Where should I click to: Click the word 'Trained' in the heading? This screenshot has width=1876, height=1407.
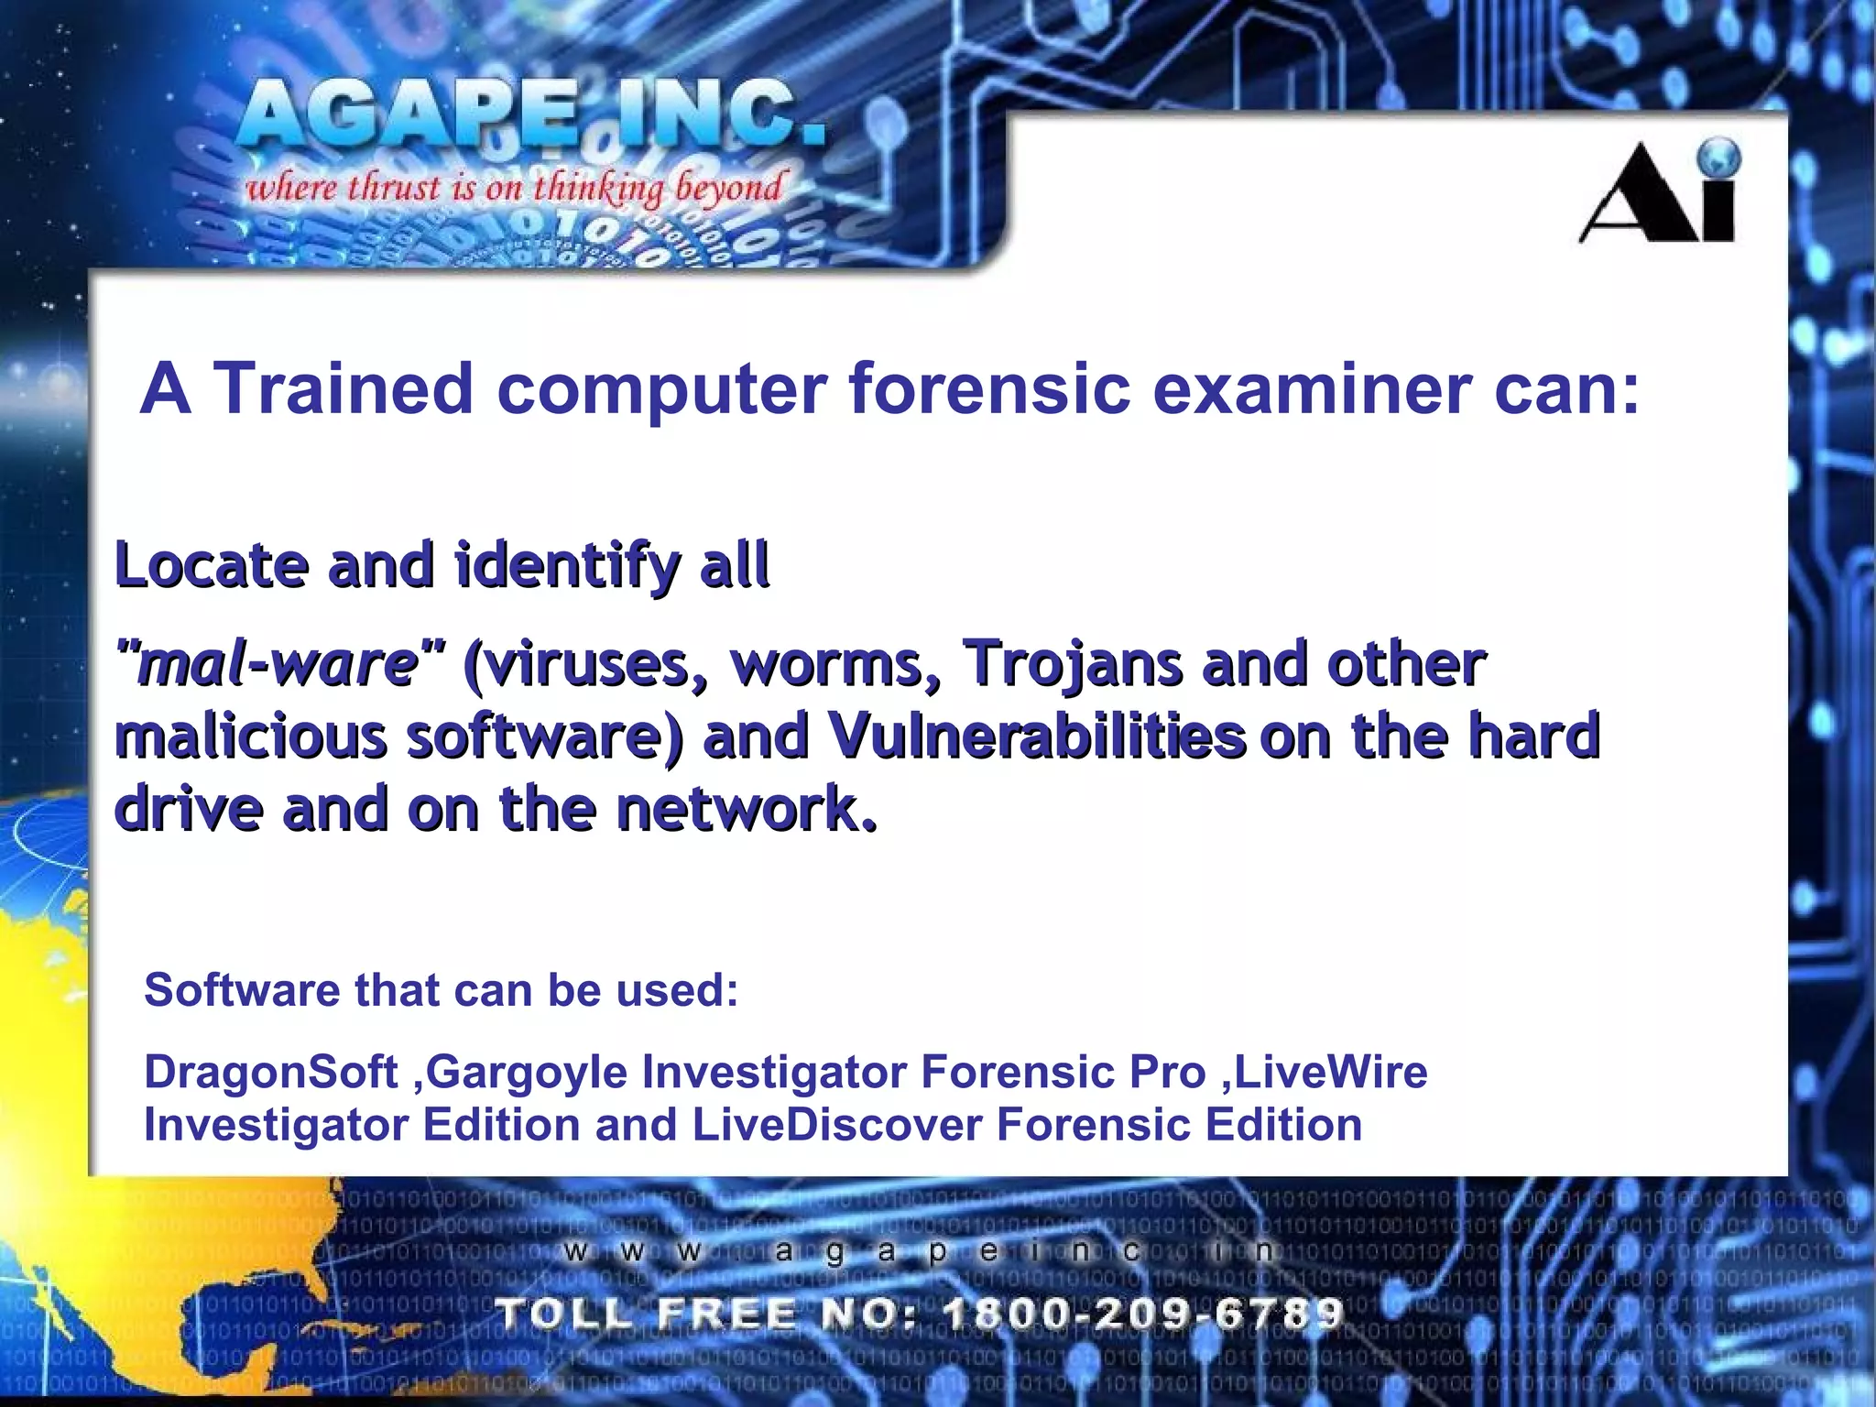343,388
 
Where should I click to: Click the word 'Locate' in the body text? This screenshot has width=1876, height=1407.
212,564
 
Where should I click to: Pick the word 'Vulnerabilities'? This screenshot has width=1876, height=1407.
1035,736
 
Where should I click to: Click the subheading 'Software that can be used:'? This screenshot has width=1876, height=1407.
441,990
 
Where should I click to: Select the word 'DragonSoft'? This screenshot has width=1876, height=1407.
271,1072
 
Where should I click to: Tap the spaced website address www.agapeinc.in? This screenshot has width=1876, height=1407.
916,1251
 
